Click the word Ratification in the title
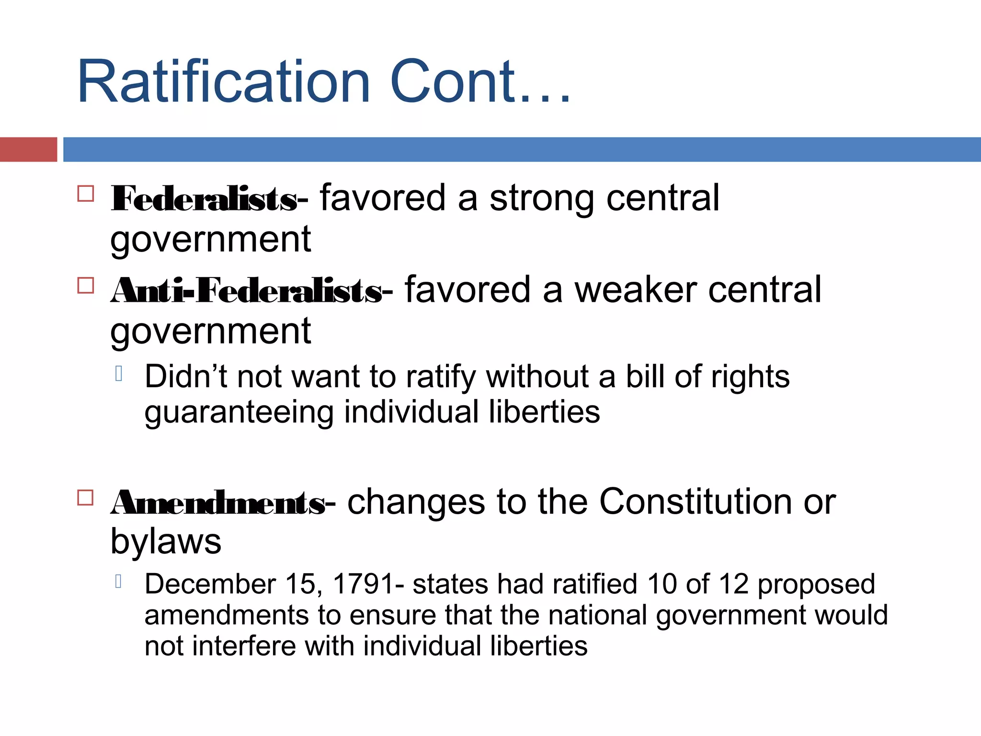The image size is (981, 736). click(223, 81)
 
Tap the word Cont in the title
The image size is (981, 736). click(453, 81)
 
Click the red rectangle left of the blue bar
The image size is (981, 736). click(28, 149)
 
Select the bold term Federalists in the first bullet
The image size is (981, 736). click(204, 199)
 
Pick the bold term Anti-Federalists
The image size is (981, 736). click(246, 291)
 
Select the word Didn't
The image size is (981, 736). click(185, 377)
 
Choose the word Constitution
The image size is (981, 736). click(696, 502)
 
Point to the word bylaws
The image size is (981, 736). click(166, 542)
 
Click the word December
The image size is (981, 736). click(210, 584)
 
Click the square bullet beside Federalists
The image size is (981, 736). click(85, 194)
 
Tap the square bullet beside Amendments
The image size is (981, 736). click(85, 498)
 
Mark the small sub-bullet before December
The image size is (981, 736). click(119, 582)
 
